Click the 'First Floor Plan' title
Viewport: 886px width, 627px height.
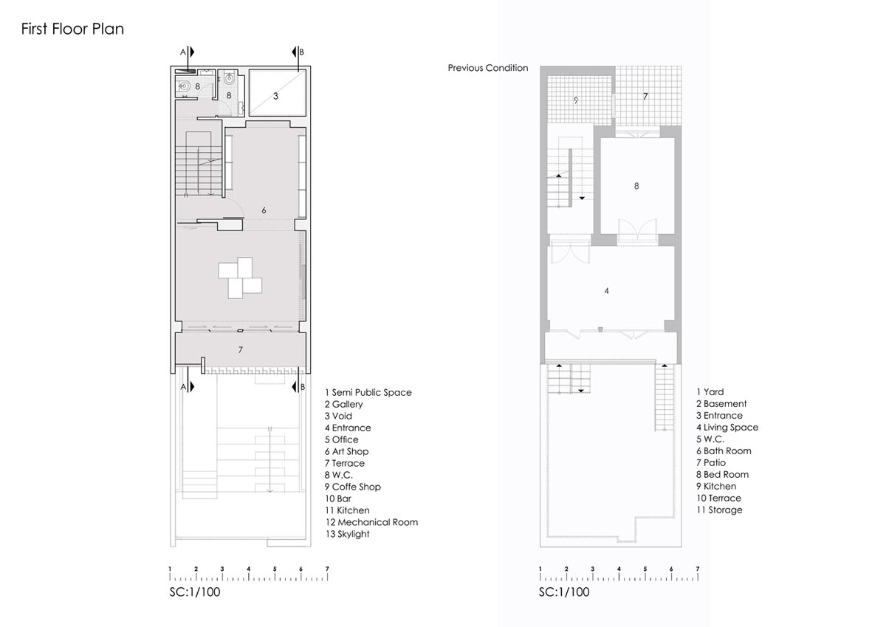[72, 29]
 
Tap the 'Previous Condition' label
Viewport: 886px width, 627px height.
[488, 68]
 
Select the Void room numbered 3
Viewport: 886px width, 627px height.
[275, 96]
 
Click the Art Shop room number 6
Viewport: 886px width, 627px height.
[264, 210]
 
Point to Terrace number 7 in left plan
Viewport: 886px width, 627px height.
[241, 350]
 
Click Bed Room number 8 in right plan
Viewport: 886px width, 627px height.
[636, 186]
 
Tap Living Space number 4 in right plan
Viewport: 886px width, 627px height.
[607, 291]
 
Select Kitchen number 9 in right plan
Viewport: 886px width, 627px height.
[576, 100]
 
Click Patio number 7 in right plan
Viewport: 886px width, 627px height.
[645, 96]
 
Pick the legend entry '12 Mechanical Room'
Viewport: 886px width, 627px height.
[371, 522]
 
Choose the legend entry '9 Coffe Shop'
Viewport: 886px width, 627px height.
[353, 487]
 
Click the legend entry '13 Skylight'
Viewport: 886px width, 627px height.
[347, 534]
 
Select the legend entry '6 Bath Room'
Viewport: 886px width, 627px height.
[724, 451]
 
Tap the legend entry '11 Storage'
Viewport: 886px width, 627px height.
[719, 510]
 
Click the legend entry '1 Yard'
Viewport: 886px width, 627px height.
[710, 392]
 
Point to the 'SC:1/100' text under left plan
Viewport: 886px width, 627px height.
[195, 592]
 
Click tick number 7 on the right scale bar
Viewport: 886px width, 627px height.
[698, 569]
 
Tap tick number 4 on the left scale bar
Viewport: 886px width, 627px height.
[248, 569]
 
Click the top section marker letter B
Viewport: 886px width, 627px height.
[301, 52]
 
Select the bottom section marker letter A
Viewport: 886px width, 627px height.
[183, 387]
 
